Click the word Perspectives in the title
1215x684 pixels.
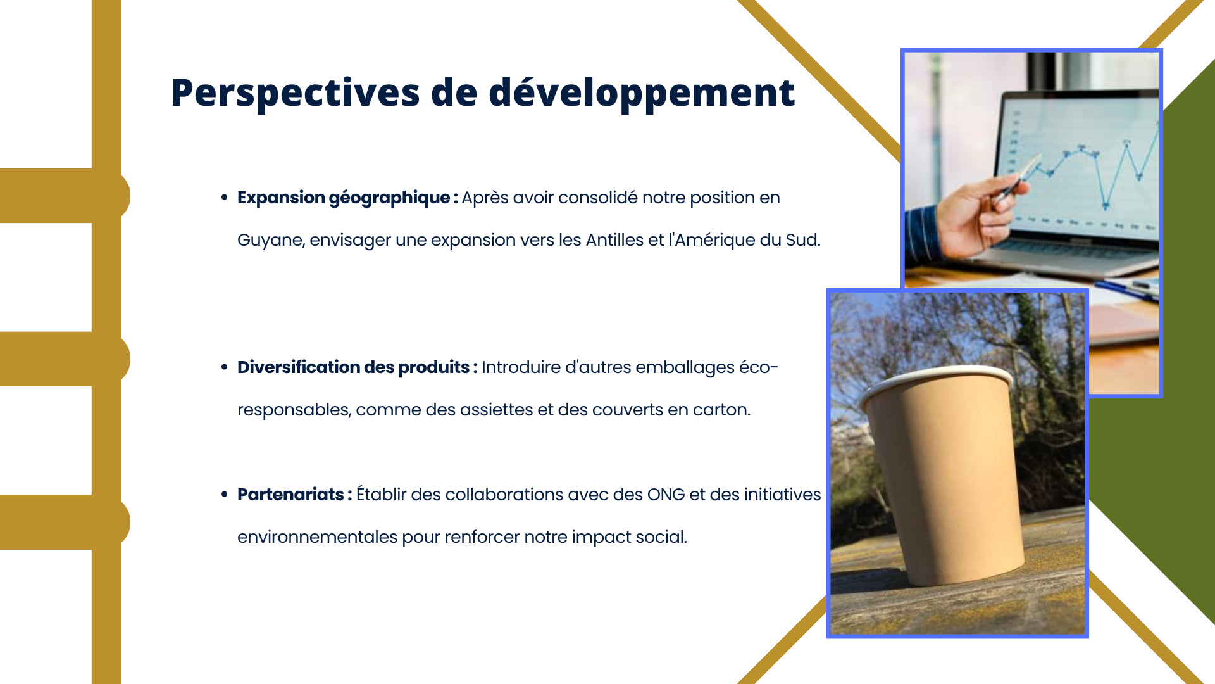click(295, 93)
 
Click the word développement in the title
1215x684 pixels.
click(642, 93)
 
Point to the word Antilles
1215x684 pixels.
click(614, 240)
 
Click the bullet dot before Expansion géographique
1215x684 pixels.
click(224, 198)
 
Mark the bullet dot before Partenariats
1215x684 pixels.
click(224, 494)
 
